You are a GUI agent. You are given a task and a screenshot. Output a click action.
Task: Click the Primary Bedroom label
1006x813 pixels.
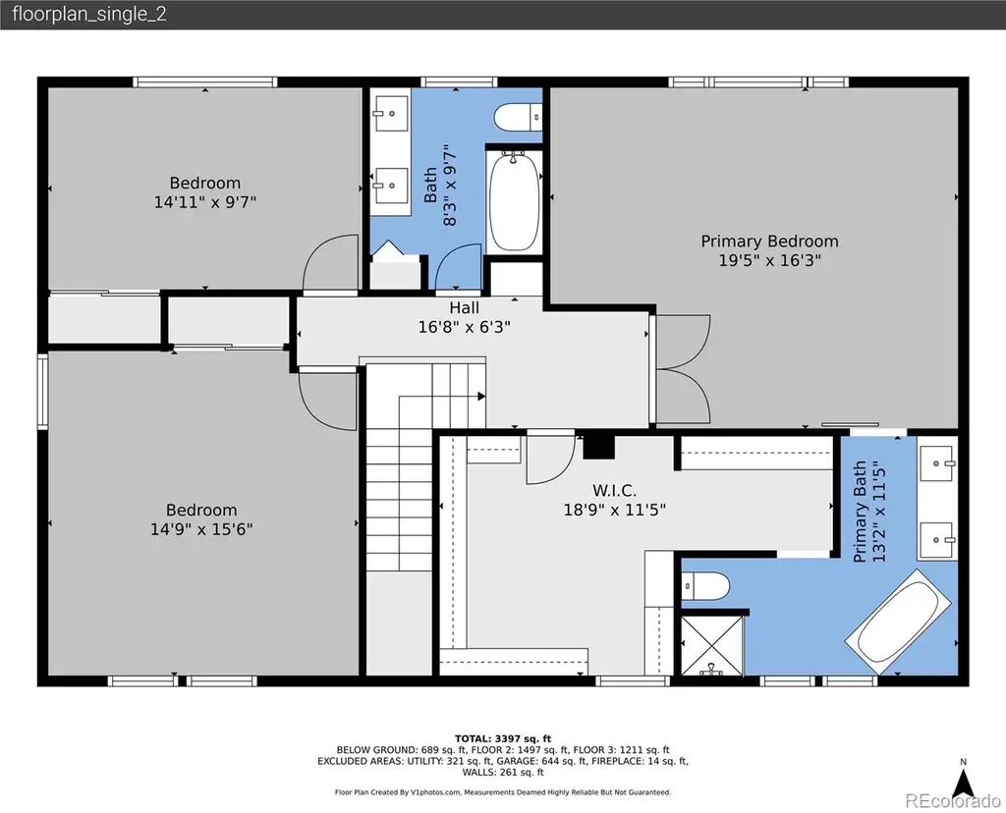pyautogui.click(x=769, y=242)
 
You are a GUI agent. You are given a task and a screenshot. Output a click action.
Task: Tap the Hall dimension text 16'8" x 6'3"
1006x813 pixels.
pyautogui.click(x=464, y=327)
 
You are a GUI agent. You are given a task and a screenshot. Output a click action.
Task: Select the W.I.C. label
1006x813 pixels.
pyautogui.click(x=614, y=491)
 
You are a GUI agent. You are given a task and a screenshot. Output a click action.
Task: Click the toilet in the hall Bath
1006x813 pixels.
pyautogui.click(x=518, y=117)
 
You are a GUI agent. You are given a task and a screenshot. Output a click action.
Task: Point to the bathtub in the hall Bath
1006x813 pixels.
pyautogui.click(x=513, y=201)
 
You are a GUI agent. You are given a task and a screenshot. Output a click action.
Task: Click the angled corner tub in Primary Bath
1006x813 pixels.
pyautogui.click(x=899, y=622)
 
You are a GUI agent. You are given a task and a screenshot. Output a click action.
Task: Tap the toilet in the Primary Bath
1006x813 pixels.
pyautogui.click(x=705, y=585)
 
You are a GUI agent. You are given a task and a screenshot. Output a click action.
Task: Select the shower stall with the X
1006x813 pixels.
pyautogui.click(x=711, y=645)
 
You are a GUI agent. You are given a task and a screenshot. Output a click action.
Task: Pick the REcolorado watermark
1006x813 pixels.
pyautogui.click(x=953, y=801)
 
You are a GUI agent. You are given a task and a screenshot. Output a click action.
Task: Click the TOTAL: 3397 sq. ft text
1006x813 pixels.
pyautogui.click(x=503, y=738)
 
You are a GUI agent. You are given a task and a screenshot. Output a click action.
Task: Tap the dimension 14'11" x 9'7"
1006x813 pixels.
pyautogui.click(x=204, y=202)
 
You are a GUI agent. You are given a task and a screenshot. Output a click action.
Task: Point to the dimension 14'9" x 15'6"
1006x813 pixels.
pyautogui.click(x=201, y=529)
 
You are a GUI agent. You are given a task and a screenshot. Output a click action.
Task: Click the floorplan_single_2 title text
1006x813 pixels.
pyautogui.click(x=89, y=14)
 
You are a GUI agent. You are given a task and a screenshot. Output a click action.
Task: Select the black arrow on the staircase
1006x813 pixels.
pyautogui.click(x=481, y=397)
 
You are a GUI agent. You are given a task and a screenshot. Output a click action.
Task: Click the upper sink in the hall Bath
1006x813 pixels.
pyautogui.click(x=391, y=113)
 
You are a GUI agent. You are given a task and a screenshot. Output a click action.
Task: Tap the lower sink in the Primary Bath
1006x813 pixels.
pyautogui.click(x=937, y=540)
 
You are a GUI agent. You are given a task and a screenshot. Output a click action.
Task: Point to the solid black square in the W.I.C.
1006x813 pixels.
pyautogui.click(x=598, y=447)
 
